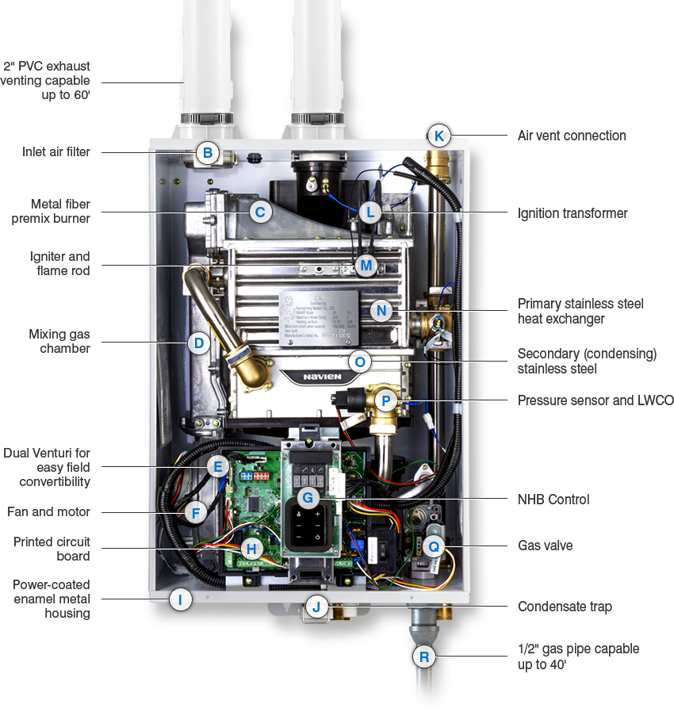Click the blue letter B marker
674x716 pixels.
click(x=208, y=153)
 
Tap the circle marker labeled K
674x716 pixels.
click(x=438, y=136)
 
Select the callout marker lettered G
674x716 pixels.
click(x=307, y=498)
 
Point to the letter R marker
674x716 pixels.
click(x=425, y=657)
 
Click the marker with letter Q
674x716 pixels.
click(x=433, y=546)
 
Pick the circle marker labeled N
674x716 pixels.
click(x=382, y=310)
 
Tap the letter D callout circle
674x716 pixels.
click(x=199, y=343)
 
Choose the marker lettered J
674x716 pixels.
click(x=316, y=607)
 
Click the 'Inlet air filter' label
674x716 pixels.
click(x=56, y=151)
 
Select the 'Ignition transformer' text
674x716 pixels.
click(x=573, y=213)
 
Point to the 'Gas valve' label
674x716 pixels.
click(x=545, y=546)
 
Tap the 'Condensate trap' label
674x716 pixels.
click(x=565, y=607)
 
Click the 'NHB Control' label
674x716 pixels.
click(x=553, y=500)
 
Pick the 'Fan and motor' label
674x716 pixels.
click(x=49, y=512)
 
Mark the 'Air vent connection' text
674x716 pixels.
click(x=572, y=136)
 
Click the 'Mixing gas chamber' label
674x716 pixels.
click(x=59, y=340)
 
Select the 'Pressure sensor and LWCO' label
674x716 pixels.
click(x=595, y=401)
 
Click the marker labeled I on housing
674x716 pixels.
click(x=181, y=599)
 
